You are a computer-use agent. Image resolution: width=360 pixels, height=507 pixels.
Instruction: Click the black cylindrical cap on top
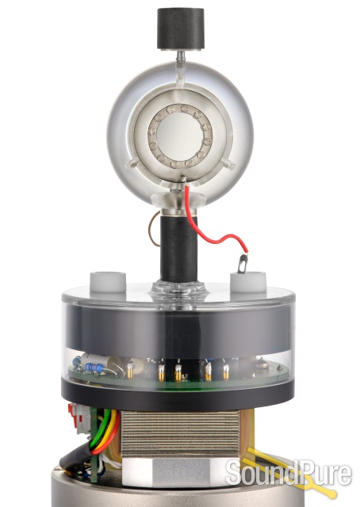coord(181,29)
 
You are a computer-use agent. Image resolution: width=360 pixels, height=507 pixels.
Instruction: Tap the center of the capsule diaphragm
coord(180,137)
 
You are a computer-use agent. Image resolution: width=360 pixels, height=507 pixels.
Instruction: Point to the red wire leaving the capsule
coord(208,222)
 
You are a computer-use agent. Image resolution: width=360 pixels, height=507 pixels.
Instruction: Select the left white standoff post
coord(108,282)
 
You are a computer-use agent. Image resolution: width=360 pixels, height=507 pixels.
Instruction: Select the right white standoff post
coord(248,282)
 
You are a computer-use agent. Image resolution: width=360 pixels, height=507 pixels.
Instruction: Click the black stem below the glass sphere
coord(178,248)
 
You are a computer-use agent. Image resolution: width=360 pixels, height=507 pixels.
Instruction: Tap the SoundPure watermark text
coord(289,475)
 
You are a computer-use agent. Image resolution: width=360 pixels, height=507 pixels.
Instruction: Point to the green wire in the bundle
coord(97,430)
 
